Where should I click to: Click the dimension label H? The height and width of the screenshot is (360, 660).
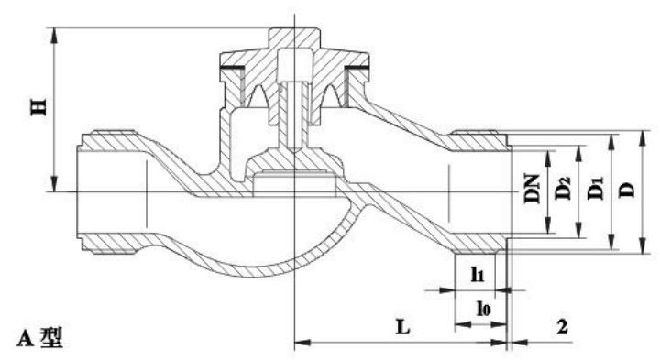click(x=38, y=107)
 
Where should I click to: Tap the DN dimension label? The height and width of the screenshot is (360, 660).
click(x=532, y=190)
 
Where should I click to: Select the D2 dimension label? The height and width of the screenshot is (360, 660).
click(x=563, y=189)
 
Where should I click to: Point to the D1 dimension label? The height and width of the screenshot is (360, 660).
click(x=596, y=189)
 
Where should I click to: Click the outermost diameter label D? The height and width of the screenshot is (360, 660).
click(x=627, y=191)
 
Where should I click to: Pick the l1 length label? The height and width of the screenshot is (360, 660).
click(x=478, y=275)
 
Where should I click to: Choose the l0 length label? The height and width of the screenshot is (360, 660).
click(x=484, y=309)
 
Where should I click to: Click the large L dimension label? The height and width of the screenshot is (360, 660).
click(x=402, y=327)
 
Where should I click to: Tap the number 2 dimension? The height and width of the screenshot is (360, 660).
click(x=562, y=327)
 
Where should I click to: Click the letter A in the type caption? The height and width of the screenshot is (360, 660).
click(x=25, y=338)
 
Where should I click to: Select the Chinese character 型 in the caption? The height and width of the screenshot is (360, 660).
click(x=51, y=338)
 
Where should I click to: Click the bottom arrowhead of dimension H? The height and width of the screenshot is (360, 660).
click(x=54, y=184)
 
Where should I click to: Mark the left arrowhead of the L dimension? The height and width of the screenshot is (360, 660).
click(x=302, y=343)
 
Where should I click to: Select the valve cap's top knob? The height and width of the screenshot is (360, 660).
click(x=294, y=37)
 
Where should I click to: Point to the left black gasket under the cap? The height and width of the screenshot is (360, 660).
click(x=232, y=68)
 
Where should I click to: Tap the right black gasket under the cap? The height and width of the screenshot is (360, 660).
click(x=357, y=68)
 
